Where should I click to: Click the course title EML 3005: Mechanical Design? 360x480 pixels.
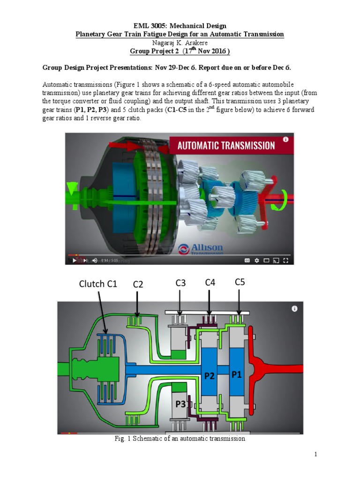pyautogui.click(x=180, y=26)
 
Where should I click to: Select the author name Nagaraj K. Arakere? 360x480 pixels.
pyautogui.click(x=180, y=43)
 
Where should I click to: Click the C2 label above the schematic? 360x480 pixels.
pyautogui.click(x=138, y=284)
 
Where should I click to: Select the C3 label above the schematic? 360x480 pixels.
pyautogui.click(x=180, y=283)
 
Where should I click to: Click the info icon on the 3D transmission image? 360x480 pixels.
pyautogui.click(x=285, y=139)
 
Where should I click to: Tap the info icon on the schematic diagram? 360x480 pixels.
pyautogui.click(x=294, y=308)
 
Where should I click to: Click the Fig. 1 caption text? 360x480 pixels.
pyautogui.click(x=180, y=439)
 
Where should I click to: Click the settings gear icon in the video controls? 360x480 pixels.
pyautogui.click(x=256, y=260)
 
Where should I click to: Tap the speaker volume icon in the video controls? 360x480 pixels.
pyautogui.click(x=94, y=260)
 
